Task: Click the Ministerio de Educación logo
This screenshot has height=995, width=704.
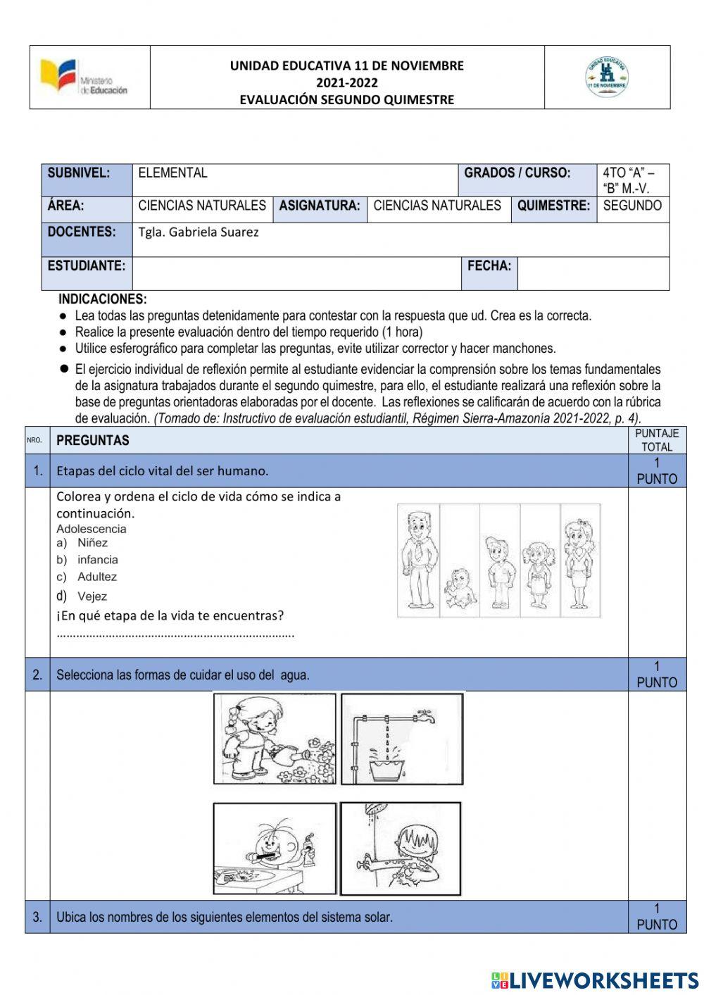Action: point(84,77)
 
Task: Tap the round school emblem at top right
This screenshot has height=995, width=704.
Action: point(607,77)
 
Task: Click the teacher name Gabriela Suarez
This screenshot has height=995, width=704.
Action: point(199,232)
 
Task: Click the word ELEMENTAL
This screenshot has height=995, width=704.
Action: point(172,173)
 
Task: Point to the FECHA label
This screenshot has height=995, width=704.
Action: point(489,266)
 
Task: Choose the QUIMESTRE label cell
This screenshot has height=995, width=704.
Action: point(553,206)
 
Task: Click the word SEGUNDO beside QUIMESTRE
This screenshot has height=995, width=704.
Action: point(632,206)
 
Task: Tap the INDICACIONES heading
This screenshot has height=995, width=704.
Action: point(103,299)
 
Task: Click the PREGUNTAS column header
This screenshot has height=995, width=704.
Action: point(93,441)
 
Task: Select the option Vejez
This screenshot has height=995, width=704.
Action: point(92,596)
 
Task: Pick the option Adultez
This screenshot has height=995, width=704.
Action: point(97,577)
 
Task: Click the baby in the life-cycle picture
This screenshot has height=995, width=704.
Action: point(459,587)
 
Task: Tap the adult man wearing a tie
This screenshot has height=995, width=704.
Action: point(418,559)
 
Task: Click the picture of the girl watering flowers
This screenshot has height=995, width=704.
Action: point(275,739)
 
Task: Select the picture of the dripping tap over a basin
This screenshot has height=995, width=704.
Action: point(402,739)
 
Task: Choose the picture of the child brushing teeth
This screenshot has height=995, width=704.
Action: point(275,849)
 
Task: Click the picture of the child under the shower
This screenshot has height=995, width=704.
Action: point(401,849)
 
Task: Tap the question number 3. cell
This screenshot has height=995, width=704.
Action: point(37,917)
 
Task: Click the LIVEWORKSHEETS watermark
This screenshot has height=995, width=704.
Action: point(595,980)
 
